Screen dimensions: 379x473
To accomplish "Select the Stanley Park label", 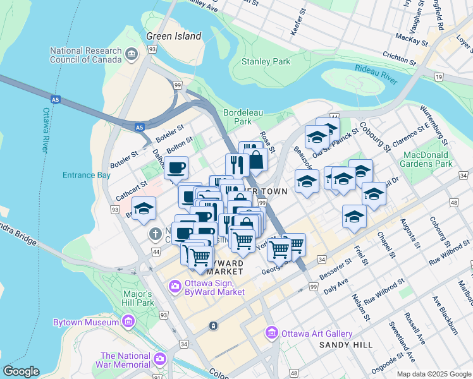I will tap(266, 62).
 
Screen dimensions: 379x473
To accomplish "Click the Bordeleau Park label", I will tap(238, 116).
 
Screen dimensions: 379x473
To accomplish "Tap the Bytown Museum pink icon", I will tap(128, 322).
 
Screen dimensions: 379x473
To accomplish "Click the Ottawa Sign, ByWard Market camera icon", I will tap(175, 287).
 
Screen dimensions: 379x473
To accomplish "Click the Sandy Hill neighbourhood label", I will tap(341, 344).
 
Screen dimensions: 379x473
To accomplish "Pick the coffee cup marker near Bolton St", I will tap(176, 168).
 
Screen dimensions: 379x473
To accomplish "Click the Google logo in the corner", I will tap(21, 371).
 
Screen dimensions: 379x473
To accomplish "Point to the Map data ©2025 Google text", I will tap(433, 374).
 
